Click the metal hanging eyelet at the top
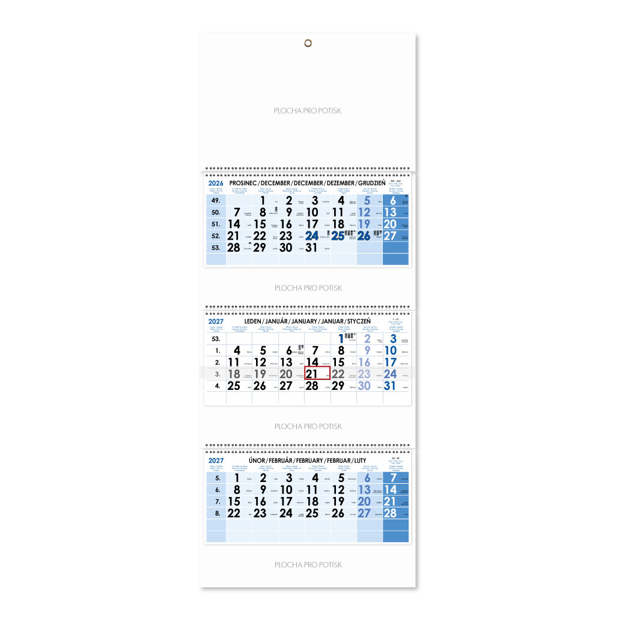(x=308, y=43)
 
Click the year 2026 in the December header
(x=215, y=183)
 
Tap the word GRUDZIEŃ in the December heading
(x=373, y=183)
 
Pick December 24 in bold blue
(x=313, y=236)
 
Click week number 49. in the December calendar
(x=215, y=201)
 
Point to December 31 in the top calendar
(x=313, y=248)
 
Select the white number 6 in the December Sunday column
(x=393, y=201)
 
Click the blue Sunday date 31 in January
(x=390, y=386)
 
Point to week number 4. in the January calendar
(x=215, y=386)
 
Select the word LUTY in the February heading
(x=360, y=460)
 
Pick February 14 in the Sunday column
(x=390, y=490)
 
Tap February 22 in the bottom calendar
(x=234, y=513)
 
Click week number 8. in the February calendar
(x=215, y=513)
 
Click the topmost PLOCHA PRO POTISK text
(x=308, y=111)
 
